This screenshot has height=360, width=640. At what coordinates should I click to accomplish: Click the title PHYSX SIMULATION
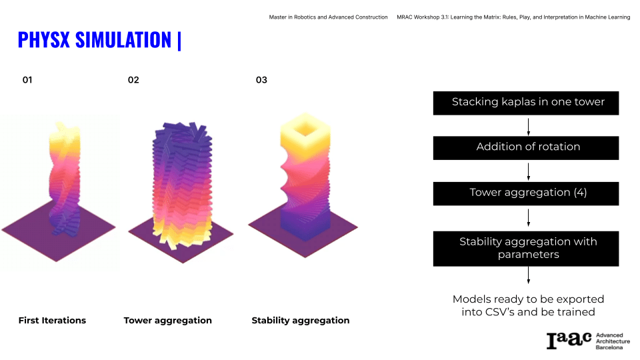(95, 40)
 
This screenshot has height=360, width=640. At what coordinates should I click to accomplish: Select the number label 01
(27, 80)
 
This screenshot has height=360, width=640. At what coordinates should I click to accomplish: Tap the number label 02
(133, 80)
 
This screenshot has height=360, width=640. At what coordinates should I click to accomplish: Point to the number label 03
(261, 80)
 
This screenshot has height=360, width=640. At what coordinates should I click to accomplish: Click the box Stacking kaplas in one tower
(526, 103)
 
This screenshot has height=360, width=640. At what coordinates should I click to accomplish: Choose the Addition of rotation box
(526, 148)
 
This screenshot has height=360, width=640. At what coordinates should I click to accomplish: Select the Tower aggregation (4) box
(526, 193)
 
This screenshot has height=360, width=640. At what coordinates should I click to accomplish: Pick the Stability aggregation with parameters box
(526, 249)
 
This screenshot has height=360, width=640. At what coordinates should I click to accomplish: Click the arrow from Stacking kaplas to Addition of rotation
(529, 127)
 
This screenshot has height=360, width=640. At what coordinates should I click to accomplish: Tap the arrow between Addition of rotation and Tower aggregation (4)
(529, 172)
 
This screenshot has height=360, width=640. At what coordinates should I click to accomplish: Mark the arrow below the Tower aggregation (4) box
(529, 217)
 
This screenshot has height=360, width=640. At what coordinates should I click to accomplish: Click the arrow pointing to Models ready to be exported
(529, 275)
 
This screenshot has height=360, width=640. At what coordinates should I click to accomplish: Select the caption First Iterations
(52, 321)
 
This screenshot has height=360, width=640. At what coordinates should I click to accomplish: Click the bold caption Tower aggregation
(168, 321)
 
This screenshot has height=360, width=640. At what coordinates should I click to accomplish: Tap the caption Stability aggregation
(301, 321)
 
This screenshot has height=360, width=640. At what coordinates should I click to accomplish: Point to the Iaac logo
(588, 341)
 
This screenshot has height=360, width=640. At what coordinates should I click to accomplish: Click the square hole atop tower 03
(305, 130)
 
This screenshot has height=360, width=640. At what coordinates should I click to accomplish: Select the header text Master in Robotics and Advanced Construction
(328, 17)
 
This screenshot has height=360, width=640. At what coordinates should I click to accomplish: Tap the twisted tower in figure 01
(64, 179)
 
